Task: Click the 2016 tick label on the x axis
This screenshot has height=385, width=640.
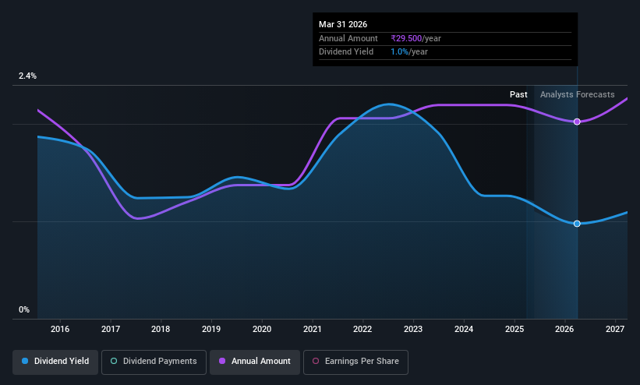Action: coord(60,329)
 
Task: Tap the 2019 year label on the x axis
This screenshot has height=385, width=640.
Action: coord(211,329)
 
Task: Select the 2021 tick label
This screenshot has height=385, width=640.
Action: coord(313,329)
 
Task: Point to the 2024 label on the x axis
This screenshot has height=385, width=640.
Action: coord(464,329)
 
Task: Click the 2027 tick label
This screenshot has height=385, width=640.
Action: coord(615,329)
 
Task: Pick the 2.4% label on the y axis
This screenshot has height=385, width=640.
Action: coord(27,76)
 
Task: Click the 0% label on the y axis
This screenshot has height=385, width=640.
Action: coord(24,310)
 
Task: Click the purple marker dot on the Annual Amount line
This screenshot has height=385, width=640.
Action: coord(577,122)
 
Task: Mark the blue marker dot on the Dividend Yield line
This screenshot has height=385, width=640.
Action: coord(577,224)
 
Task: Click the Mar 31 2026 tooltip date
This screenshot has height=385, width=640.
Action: coord(343,24)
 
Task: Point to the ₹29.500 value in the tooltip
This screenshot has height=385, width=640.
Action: coord(406,38)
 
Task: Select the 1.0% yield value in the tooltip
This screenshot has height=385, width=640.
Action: coord(400,52)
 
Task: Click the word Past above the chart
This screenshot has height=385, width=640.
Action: coord(518,95)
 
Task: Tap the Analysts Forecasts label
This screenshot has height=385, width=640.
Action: coord(577,95)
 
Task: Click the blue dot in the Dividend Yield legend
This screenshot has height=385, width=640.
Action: coord(25,361)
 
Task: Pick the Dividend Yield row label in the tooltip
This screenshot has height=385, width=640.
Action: coord(346,52)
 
